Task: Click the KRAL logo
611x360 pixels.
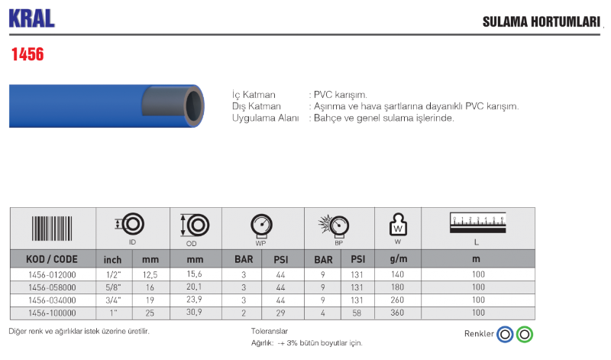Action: coord(31,18)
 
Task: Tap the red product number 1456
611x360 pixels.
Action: coord(27,54)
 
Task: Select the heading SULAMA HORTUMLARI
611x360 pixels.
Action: coord(541,22)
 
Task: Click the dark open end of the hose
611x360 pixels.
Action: coord(194,105)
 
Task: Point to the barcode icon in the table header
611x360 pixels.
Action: coord(52,229)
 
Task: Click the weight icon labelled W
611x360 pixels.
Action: coord(398,225)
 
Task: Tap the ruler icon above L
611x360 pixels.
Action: coord(478,222)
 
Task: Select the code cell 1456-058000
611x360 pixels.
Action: coord(52,287)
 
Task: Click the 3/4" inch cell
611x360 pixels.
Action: coord(113,300)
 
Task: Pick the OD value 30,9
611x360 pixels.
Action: coord(194,312)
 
